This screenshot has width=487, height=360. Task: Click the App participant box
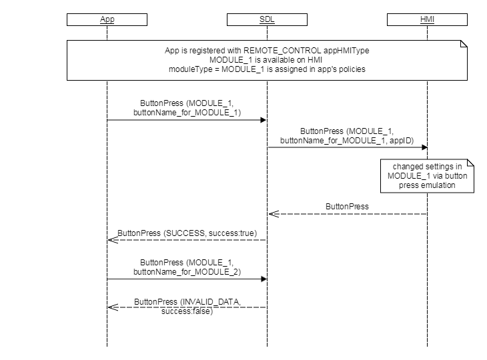[107, 19]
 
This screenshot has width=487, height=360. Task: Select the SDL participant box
[266, 19]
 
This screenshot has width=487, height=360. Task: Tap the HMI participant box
[427, 19]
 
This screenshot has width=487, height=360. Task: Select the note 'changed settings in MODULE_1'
[428, 176]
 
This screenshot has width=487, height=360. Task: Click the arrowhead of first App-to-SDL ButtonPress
[264, 120]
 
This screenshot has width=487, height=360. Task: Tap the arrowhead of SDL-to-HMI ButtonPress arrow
[424, 147]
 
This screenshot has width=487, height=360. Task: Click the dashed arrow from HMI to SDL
[347, 214]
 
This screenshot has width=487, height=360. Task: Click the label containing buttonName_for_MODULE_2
[187, 272]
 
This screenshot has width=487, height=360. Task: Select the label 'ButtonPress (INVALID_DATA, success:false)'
[187, 307]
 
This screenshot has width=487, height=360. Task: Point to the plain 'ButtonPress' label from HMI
[347, 207]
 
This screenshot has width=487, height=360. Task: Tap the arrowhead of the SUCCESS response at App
[111, 240]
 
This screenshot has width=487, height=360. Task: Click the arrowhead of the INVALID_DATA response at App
[111, 307]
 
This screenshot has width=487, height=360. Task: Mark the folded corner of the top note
[463, 43]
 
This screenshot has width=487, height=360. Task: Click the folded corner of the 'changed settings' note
[470, 163]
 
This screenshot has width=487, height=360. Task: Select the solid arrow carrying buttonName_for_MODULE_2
[187, 279]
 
